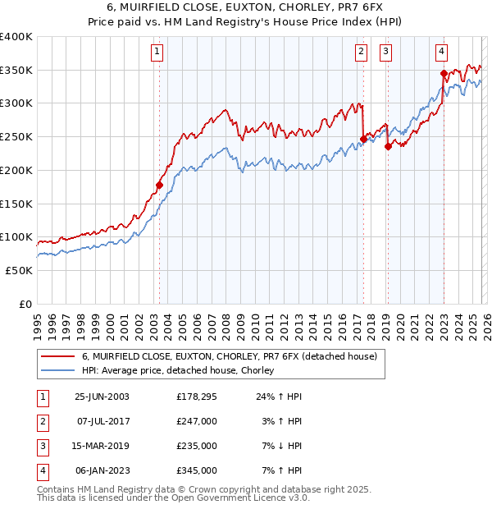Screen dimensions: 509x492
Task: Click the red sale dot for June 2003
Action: tap(159, 185)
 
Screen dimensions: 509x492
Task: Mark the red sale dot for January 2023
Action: tap(444, 73)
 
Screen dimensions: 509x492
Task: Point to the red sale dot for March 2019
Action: tap(388, 147)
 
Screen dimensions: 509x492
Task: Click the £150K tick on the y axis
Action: tap(16, 204)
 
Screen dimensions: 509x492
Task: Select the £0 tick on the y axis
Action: tap(25, 304)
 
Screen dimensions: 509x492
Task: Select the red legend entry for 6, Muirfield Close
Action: tap(229, 356)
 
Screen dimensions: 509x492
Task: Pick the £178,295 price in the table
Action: tap(196, 396)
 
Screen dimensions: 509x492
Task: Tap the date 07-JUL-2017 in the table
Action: tap(98, 420)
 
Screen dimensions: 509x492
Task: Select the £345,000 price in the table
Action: tap(196, 470)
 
